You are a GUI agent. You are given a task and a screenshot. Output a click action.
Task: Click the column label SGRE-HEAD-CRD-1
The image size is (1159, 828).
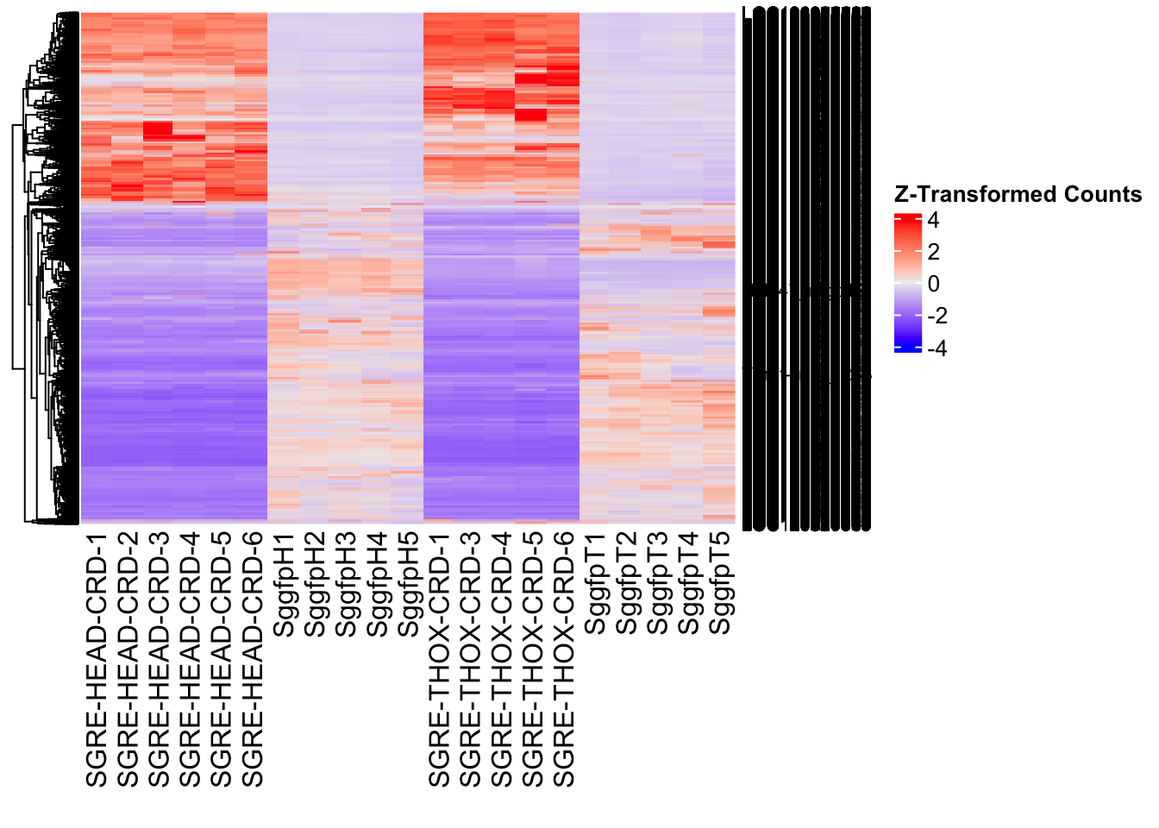pos(97,660)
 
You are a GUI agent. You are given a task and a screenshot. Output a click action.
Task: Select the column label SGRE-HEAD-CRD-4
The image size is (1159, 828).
pos(190,660)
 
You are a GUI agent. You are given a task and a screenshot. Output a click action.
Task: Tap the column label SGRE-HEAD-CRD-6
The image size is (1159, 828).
pos(252,660)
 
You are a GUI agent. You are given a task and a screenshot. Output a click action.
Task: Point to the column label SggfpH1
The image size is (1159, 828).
pos(284,584)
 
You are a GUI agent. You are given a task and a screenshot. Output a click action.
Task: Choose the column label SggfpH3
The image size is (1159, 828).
pos(346,584)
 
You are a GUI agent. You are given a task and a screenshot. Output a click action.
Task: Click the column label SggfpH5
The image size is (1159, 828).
pos(408,584)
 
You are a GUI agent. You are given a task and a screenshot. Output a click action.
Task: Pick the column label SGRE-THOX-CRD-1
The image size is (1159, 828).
pos(440,660)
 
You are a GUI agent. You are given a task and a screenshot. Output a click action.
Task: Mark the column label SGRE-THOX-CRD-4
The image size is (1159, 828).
pos(502,660)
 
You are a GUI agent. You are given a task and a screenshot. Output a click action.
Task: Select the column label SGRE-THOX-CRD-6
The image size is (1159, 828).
pos(564,660)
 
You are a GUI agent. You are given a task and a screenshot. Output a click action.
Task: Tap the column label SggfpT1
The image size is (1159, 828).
pos(595,584)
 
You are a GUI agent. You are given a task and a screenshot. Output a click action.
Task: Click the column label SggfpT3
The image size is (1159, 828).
pos(657,584)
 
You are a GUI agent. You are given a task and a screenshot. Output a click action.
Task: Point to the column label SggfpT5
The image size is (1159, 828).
pos(720,584)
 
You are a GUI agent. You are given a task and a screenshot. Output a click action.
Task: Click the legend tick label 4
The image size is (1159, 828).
pos(933,221)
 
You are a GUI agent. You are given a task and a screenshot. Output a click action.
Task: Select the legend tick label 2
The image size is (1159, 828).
pos(933,253)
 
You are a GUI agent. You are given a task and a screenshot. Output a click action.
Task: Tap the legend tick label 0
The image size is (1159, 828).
pos(933,285)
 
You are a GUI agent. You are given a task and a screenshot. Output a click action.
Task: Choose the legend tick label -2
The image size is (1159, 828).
pos(937,317)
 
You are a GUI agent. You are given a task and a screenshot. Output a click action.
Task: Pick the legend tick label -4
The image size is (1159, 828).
pos(937,348)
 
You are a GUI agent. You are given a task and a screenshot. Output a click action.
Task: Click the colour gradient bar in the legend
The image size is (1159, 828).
pos(908,284)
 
